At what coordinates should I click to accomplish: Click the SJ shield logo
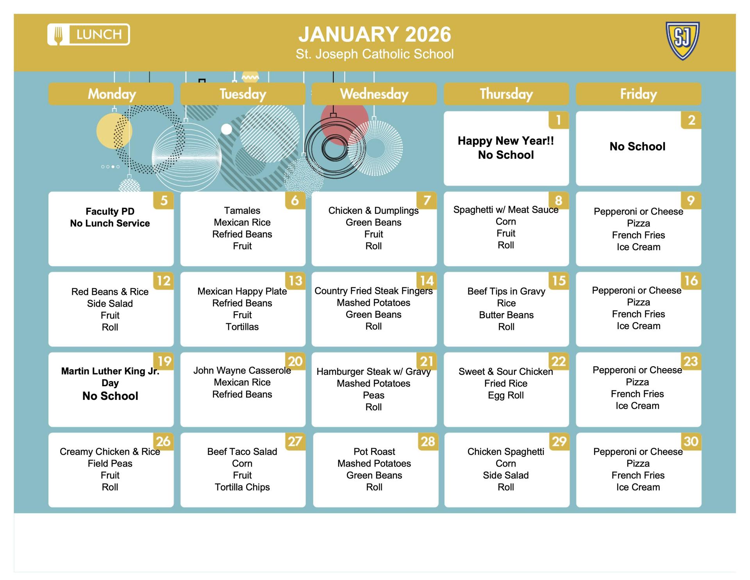tap(682, 41)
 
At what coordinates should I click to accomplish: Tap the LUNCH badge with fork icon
tap(89, 34)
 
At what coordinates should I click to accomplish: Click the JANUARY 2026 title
tap(375, 34)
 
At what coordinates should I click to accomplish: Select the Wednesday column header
tap(374, 94)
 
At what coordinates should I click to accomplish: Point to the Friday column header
tap(638, 94)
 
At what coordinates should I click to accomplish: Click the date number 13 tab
tap(295, 281)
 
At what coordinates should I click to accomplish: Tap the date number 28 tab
tap(428, 442)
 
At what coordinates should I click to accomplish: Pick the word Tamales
tap(242, 211)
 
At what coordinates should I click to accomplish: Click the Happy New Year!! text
tap(506, 141)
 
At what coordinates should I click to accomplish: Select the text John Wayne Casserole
tap(242, 371)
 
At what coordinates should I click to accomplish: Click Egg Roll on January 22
tap(506, 395)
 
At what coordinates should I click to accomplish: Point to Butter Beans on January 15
tap(506, 315)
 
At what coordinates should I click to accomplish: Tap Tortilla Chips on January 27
tap(242, 487)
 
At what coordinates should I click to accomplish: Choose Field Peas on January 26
tap(110, 464)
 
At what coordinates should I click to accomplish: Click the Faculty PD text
tap(110, 211)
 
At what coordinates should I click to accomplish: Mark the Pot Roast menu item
tap(374, 452)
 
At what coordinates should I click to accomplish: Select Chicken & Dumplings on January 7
tap(373, 211)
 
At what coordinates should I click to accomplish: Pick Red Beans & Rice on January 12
tap(110, 292)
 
